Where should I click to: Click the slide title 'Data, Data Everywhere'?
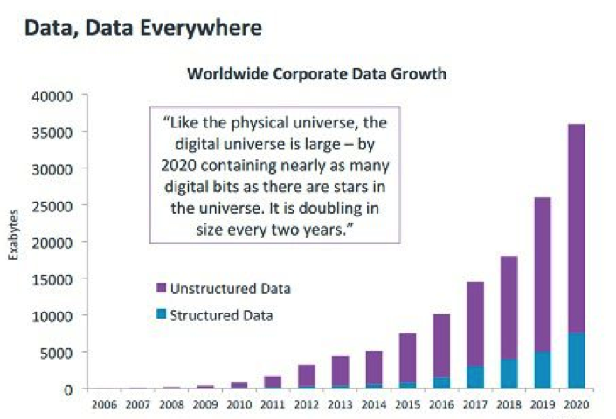142,28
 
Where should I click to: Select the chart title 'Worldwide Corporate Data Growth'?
316,74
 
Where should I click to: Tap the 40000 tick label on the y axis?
54,95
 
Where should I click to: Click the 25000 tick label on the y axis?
54,205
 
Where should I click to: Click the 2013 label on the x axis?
339,404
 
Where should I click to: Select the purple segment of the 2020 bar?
576,227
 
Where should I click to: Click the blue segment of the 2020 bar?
576,360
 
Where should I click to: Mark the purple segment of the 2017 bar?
474,323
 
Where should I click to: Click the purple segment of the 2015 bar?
406,358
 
